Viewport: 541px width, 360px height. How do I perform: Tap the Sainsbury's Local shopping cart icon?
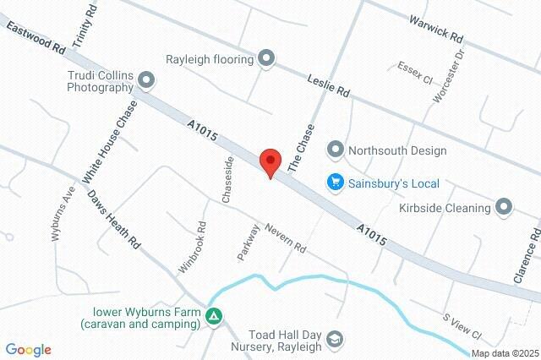pos(336,182)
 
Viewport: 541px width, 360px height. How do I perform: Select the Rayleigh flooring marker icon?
pos(266,58)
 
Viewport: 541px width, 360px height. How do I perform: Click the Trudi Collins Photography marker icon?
pos(147,81)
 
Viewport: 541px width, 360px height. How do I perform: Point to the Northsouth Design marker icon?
pos(336,150)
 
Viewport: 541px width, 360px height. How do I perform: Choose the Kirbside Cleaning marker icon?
pos(505,207)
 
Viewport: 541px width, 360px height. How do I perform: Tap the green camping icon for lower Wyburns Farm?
pos(215,316)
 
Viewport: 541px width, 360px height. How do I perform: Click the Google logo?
pos(29,350)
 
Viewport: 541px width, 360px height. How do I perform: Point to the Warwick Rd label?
pos(436,28)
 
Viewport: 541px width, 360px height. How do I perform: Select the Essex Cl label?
pos(415,73)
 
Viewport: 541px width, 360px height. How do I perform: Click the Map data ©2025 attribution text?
pos(505,353)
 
